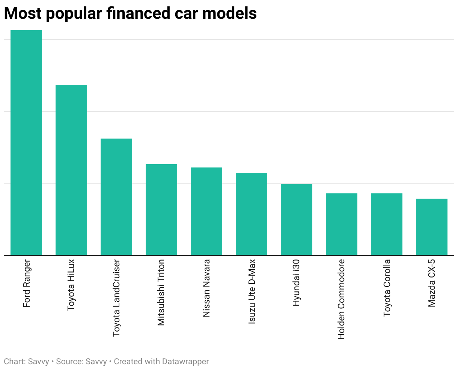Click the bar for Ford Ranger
click(26, 143)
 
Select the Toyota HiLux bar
click(71, 170)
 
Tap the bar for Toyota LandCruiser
click(116, 197)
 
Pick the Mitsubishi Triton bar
click(161, 210)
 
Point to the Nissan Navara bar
click(206, 211)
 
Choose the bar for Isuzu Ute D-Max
click(252, 214)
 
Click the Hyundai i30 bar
click(297, 220)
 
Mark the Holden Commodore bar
click(342, 224)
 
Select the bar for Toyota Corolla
click(387, 224)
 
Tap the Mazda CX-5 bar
click(432, 227)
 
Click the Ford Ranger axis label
click(26, 283)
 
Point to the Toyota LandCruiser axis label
click(116, 298)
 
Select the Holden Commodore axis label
click(341, 299)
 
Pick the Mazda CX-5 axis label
click(432, 283)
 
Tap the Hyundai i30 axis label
click(297, 282)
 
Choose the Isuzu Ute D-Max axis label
click(252, 291)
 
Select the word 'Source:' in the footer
click(69, 362)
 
